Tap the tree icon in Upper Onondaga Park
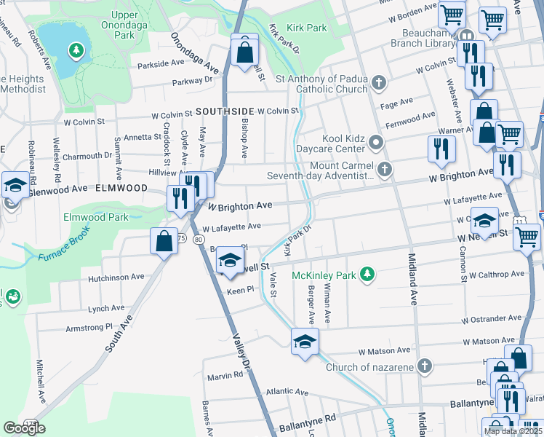point(74,50)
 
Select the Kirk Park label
point(306,28)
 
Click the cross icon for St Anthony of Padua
point(377,82)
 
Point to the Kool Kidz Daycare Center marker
point(375,142)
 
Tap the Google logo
point(24,428)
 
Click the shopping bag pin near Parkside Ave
point(244,52)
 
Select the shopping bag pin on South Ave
point(164,242)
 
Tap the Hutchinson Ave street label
point(116,277)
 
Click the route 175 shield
point(31,423)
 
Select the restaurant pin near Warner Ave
point(441,149)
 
